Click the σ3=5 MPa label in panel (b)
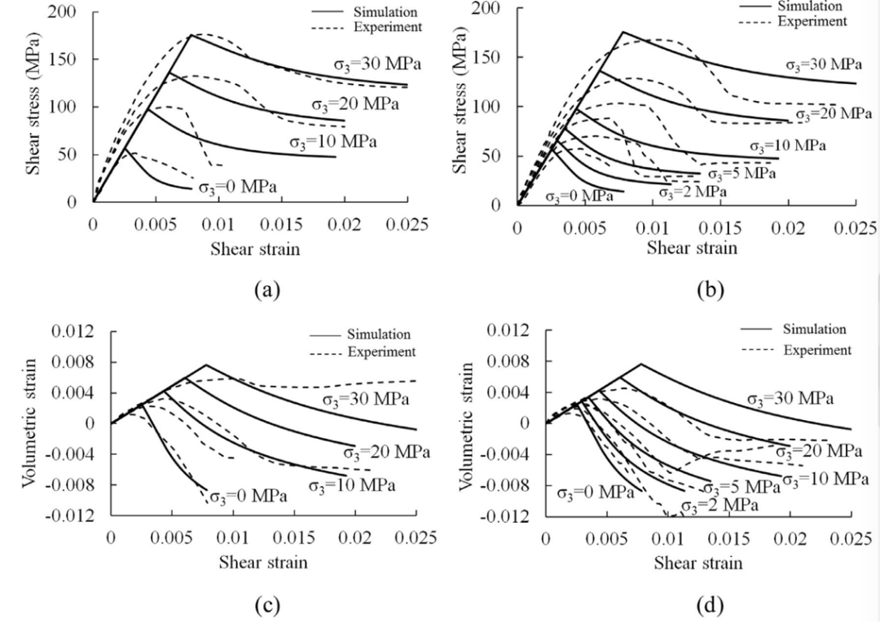tap(741, 174)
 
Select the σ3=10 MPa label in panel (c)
tap(351, 486)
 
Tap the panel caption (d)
tap(698, 607)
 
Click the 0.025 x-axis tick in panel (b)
tap(855, 226)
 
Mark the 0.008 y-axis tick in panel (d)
tap(511, 361)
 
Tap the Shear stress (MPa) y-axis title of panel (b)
tap(461, 100)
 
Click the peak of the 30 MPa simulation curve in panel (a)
tap(191, 35)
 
